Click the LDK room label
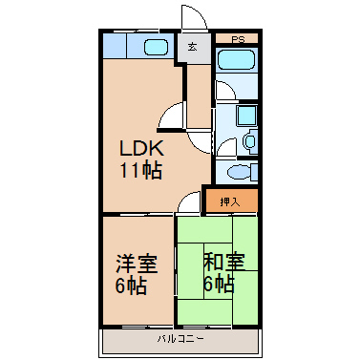[141, 148]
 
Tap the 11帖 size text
[140, 171]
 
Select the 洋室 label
[137, 264]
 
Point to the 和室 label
[224, 262]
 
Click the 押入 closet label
[230, 201]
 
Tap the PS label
[238, 40]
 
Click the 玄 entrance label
[192, 47]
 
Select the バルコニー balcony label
[180, 339]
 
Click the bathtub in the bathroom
[237, 59]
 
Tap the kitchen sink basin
[156, 47]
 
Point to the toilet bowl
[240, 172]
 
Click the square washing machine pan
[246, 116]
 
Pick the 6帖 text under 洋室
[131, 286]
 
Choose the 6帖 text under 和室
[219, 284]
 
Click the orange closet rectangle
[231, 201]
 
